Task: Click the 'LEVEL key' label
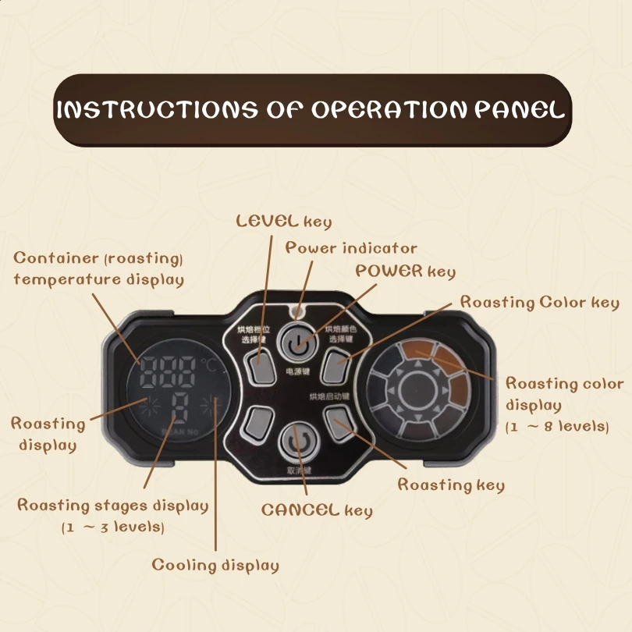click(x=284, y=221)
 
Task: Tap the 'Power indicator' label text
click(x=351, y=248)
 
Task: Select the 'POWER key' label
click(x=405, y=272)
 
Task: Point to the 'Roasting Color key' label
click(x=539, y=303)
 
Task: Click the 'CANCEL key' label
click(x=317, y=510)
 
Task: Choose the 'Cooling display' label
click(x=215, y=565)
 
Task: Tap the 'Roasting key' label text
click(x=451, y=485)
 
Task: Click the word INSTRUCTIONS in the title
click(x=156, y=110)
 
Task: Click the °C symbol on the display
click(x=208, y=364)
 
